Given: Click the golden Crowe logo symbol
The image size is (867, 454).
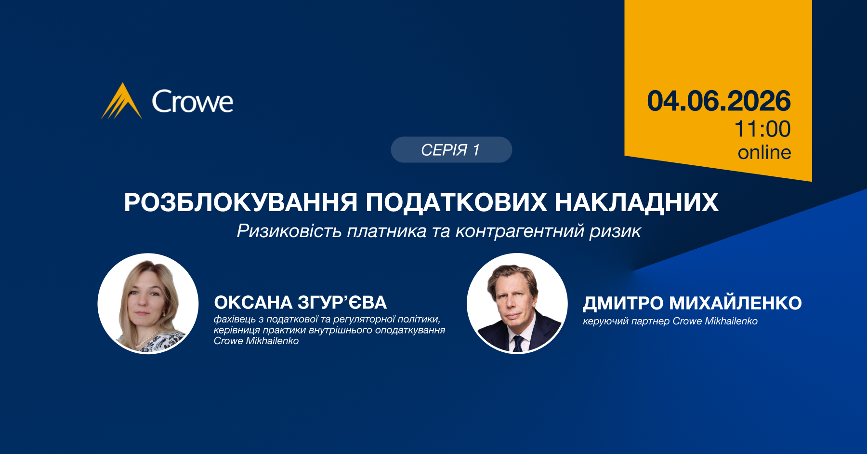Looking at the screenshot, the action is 121,101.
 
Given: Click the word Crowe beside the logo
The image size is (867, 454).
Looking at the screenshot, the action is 193,102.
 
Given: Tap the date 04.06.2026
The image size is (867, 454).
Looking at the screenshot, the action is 719,101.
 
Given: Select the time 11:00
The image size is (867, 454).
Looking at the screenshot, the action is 762,129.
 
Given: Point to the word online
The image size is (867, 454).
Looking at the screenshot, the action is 764,152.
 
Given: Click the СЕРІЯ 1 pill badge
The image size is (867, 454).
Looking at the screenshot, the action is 451,150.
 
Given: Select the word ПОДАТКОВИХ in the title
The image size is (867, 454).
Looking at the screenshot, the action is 456,202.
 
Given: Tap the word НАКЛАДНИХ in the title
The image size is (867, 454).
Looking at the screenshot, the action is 637,202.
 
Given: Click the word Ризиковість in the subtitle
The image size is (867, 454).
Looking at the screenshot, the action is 289,231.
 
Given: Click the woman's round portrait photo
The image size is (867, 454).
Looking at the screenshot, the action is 148,304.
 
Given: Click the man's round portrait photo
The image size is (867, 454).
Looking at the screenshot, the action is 517,304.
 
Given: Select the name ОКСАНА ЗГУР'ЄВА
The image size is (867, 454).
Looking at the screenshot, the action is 301,303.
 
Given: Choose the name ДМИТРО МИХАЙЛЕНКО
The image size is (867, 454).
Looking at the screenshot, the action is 692,303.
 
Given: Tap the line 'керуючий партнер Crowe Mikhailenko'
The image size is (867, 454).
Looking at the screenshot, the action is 670,321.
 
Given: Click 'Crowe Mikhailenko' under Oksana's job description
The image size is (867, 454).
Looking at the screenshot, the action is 256,341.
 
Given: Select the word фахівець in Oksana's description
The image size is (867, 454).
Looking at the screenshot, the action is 235,319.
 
